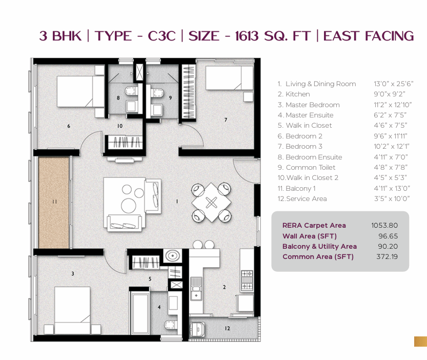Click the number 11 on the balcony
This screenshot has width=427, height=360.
pyautogui.click(x=54, y=202)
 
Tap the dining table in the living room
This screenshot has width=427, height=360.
pyautogui.click(x=211, y=203)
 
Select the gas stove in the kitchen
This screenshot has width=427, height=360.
pyautogui.click(x=247, y=280)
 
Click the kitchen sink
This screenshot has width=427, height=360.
pyautogui.click(x=196, y=288)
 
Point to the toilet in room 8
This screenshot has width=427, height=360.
pyautogui.click(x=132, y=91)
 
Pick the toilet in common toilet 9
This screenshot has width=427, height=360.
pyautogui.click(x=157, y=93)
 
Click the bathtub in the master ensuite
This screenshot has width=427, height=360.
pyautogui.click(x=140, y=313)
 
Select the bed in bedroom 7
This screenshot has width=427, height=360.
pyautogui.click(x=229, y=78)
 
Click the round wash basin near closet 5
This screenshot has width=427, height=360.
pyautogui.click(x=172, y=256)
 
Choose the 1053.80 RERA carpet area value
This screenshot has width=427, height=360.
pyautogui.click(x=384, y=225)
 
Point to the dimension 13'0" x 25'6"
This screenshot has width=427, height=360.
pyautogui.click(x=394, y=84)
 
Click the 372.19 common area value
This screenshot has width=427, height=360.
pyautogui.click(x=387, y=256)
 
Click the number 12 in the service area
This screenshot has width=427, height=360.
pyautogui.click(x=228, y=328)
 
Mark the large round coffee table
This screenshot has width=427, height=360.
pyautogui.click(x=129, y=205)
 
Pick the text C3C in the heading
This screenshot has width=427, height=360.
pyautogui.click(x=162, y=36)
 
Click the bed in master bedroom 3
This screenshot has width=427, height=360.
pyautogui.click(x=72, y=310)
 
